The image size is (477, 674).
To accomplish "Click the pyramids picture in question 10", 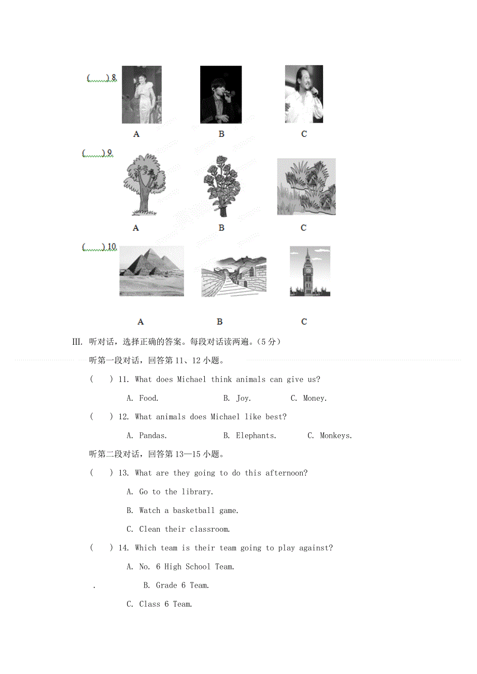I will coord(151,271).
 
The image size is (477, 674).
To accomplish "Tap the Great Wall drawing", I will coord(234,276).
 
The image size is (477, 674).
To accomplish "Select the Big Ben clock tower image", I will coord(310,271).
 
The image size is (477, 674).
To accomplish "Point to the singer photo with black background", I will coord(221,95).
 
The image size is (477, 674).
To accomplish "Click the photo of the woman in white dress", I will coord(142,95).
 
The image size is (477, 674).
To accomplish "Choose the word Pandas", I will coord(153,436).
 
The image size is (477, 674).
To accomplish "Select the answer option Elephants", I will coord(256,436).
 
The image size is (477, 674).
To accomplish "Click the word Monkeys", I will coord(336,436).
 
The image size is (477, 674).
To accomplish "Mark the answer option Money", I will coord(315,398).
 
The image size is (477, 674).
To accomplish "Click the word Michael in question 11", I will coord(192,379).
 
